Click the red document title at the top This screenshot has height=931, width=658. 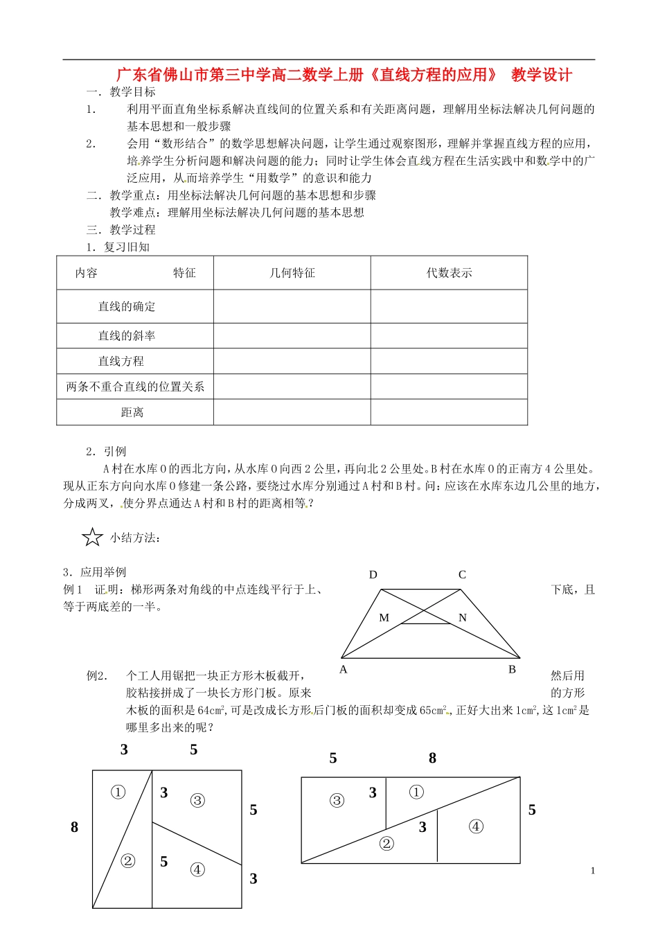pos(344,75)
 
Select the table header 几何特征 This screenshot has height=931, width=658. pos(292,273)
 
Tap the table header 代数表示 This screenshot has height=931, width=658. pos(449,273)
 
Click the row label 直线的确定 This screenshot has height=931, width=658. pos(127,306)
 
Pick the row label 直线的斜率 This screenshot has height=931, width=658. pos(127,336)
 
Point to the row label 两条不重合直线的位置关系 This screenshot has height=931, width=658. pos(135,387)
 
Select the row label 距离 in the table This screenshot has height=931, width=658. pos(132,412)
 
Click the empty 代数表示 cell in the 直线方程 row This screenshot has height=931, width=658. pos(449,361)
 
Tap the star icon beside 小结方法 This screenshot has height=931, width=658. pos(92,538)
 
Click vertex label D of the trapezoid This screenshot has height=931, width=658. pos(373,574)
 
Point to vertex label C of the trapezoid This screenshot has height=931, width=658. pos(462,574)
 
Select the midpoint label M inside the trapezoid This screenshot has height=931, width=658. pos(384,617)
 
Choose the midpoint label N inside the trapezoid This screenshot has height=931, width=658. pos(463,617)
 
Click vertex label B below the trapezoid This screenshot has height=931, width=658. pos(512,669)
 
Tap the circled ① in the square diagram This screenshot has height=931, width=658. pos(118,792)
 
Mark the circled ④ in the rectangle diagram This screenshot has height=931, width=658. pos(476,826)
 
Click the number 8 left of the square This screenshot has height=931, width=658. pos(75,827)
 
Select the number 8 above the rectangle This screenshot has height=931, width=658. pos(432,758)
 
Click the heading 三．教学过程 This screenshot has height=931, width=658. pos(121,230)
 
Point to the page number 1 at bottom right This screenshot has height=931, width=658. pos(593,871)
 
